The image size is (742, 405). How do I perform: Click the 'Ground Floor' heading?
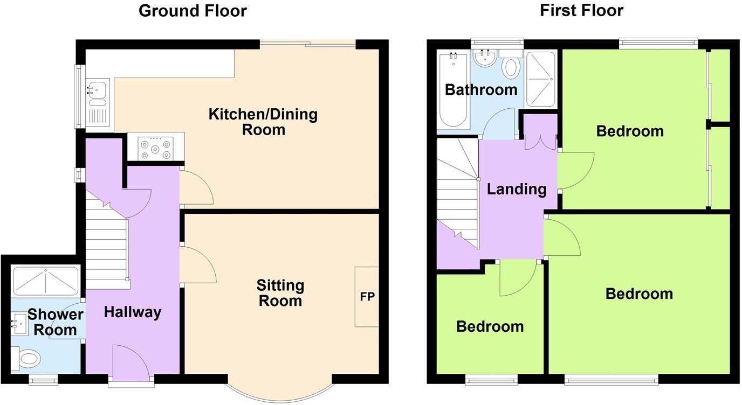[193, 11]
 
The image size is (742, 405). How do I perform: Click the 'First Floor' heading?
[581, 11]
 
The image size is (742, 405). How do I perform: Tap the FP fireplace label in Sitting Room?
[367, 297]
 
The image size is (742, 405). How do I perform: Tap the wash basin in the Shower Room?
[19, 324]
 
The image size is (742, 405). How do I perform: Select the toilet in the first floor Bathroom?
[510, 66]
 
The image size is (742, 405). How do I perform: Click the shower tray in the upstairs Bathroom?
[540, 79]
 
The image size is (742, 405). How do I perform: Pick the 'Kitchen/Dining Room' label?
[263, 122]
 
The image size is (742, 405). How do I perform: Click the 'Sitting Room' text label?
[280, 292]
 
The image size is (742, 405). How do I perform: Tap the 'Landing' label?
[517, 189]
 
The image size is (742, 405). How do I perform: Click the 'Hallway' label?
[133, 312]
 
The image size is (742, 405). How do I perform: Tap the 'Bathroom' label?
[480, 89]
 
